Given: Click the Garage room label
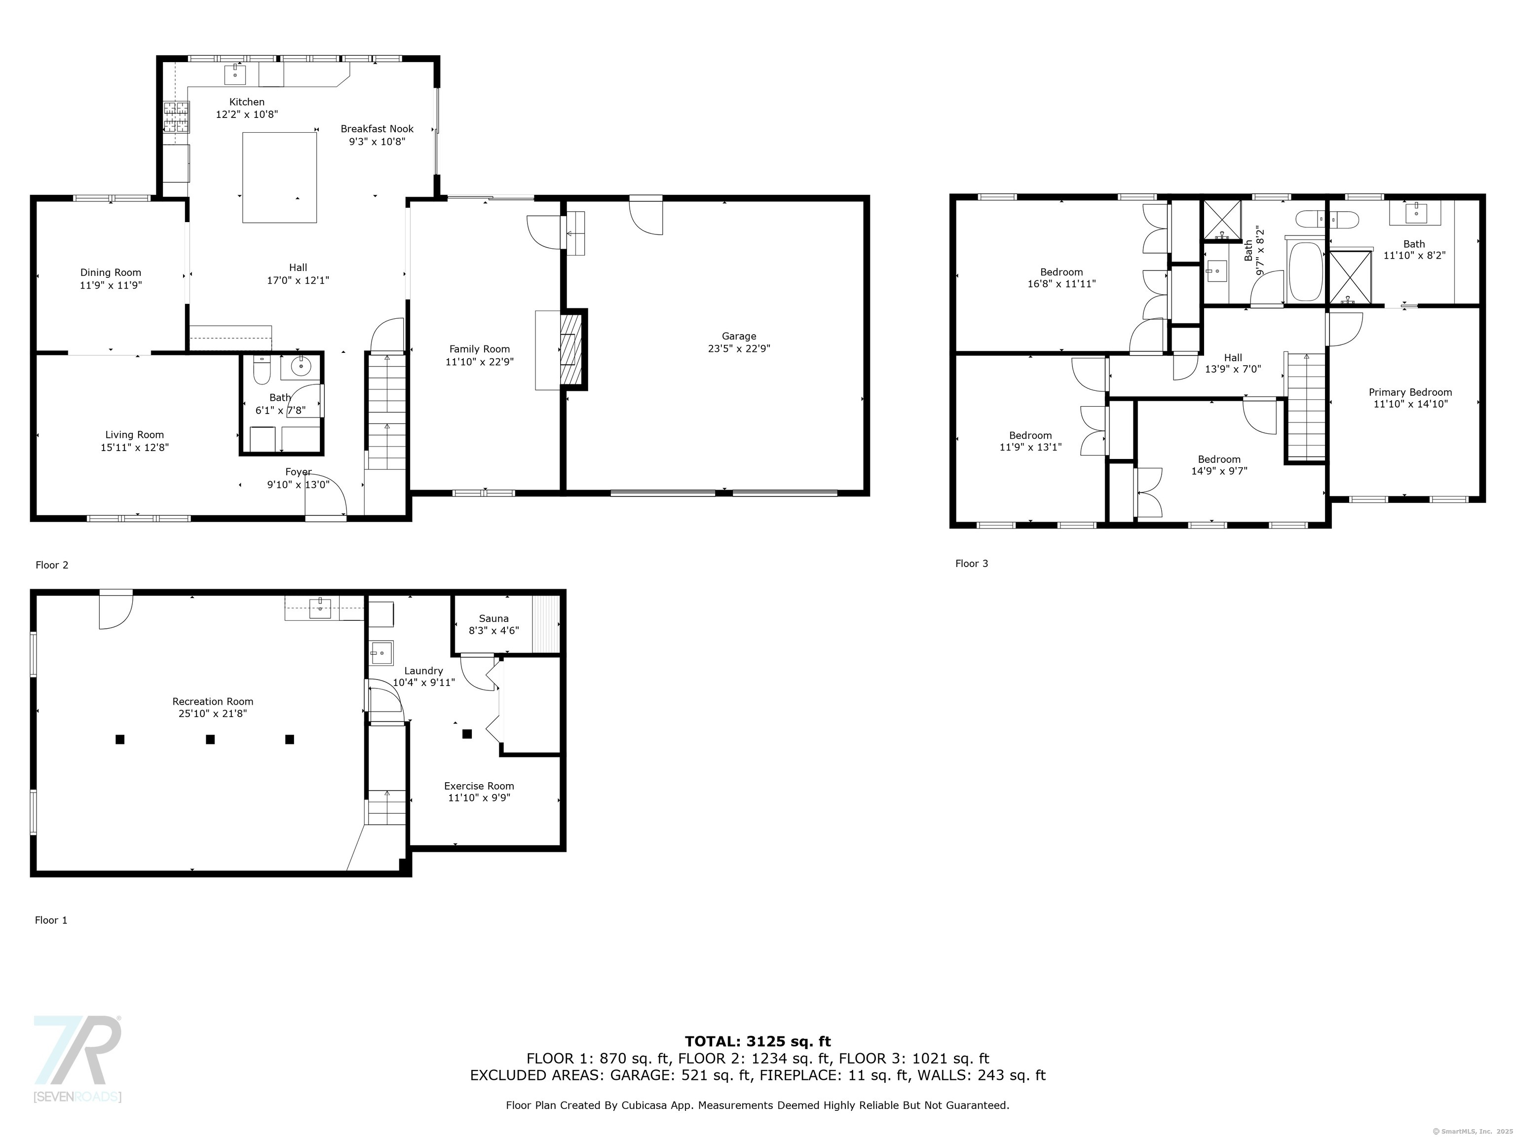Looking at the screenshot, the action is pos(739,336).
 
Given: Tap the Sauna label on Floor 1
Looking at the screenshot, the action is pos(493,618).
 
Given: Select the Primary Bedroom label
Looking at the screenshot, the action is pos(1410,392).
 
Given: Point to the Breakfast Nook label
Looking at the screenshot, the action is pos(377,129).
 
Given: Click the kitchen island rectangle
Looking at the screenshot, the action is pos(280,178).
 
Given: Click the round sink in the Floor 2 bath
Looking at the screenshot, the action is pos(301,367).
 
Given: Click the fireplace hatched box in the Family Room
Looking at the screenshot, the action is pos(571,349).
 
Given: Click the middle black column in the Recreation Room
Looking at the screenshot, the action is pos(210,739).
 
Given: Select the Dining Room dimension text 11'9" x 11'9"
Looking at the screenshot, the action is pos(111,285).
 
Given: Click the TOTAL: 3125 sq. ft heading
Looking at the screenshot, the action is pos(758,1042).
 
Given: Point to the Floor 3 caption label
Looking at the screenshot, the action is pos(972,564).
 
